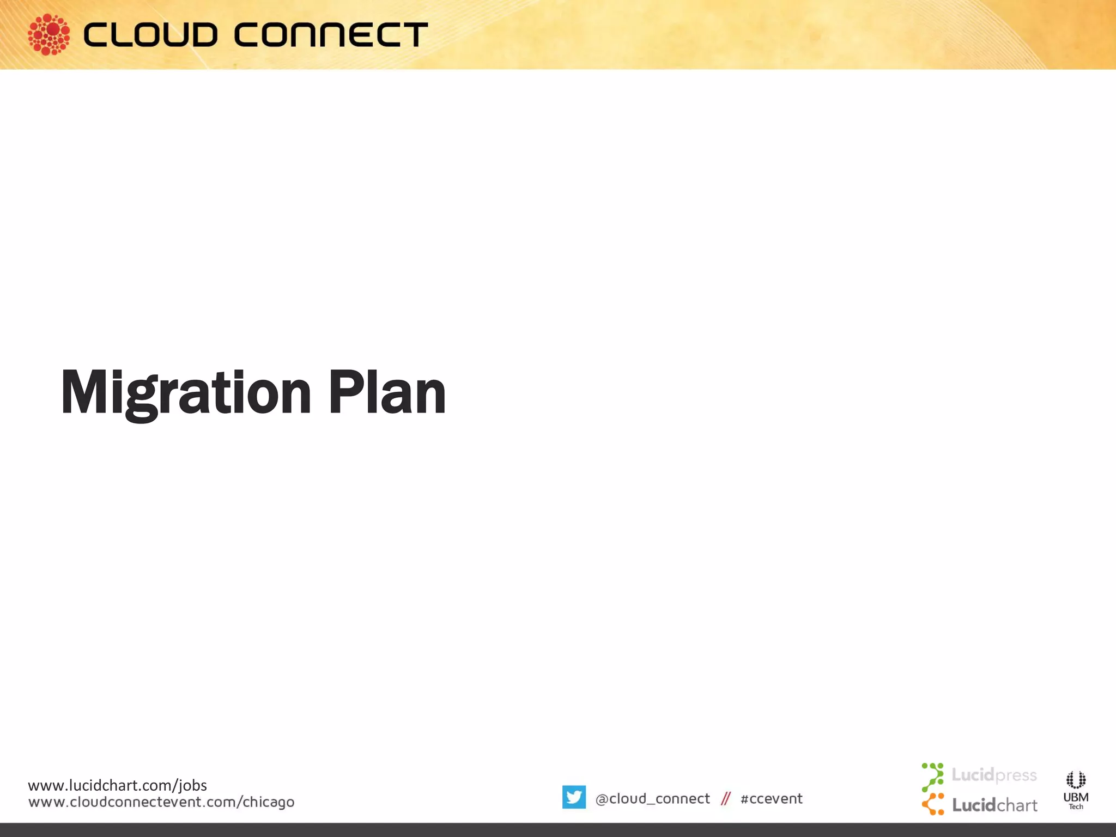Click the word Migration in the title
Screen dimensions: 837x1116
pos(185,392)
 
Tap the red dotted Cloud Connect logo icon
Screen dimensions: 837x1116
pos(48,34)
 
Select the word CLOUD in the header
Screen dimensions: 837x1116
pos(150,35)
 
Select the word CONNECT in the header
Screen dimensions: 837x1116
pos(331,35)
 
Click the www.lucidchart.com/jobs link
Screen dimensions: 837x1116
pos(117,785)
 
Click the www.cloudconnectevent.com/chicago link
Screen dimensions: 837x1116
pos(161,802)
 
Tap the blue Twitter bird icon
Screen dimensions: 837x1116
pos(574,797)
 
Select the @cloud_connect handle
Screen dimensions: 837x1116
pos(652,798)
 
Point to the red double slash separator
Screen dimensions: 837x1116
pos(725,799)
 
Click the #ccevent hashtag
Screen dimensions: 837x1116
pos(771,799)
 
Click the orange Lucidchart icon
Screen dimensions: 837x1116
pos(933,804)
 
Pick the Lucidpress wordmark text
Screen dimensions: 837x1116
pos(994,775)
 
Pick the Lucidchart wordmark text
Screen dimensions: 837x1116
pos(994,805)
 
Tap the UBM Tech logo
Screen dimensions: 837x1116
pos(1076,790)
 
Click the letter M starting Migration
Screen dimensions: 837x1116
pos(82,392)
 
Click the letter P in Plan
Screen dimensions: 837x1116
pos(343,391)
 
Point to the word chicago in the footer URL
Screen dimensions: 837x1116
pos(268,803)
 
